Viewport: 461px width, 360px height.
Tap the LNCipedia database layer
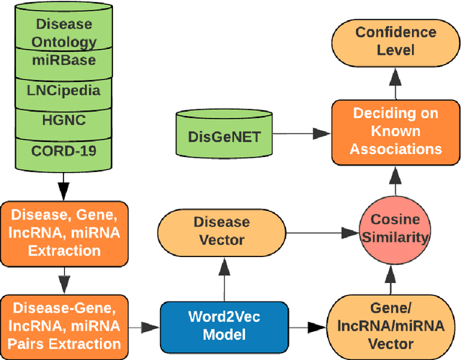pos(64,91)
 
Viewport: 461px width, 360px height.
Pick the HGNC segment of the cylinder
pos(64,120)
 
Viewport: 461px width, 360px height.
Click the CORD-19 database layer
pos(64,150)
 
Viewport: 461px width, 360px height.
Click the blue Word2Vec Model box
pos(223,326)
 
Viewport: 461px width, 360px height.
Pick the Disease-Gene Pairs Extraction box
pos(64,324)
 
